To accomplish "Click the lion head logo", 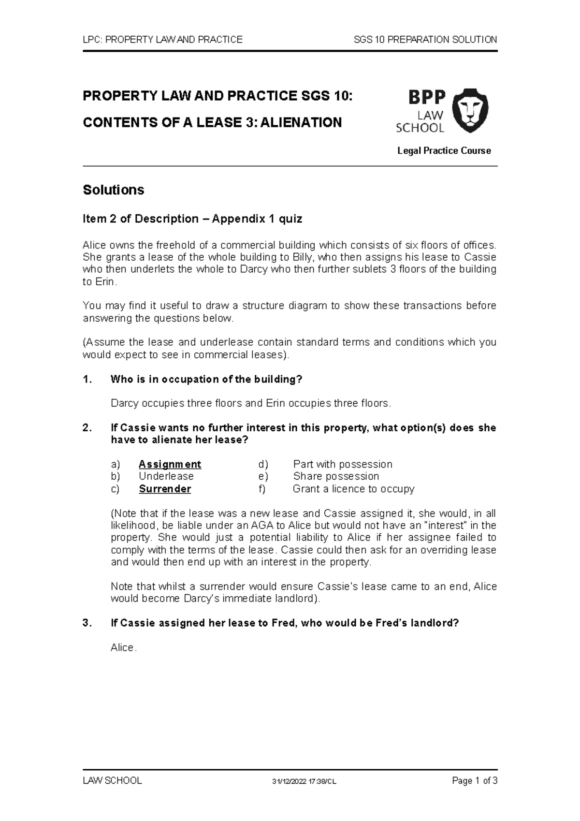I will (469, 110).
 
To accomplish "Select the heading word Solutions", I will (114, 190).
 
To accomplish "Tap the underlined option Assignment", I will (170, 464).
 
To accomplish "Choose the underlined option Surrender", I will (165, 489).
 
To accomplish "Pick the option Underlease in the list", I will (166, 476).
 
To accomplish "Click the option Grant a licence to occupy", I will (353, 489).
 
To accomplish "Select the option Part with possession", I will (343, 464).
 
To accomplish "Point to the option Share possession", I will (336, 476).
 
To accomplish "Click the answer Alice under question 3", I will (123, 647).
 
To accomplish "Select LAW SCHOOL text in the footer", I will (112, 780).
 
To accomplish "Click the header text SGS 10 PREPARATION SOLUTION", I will (425, 40).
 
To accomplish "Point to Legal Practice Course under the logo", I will (444, 151).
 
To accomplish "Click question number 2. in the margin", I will (87, 428).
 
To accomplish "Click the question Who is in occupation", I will (206, 379).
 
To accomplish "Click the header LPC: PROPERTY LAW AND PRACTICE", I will (163, 40).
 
